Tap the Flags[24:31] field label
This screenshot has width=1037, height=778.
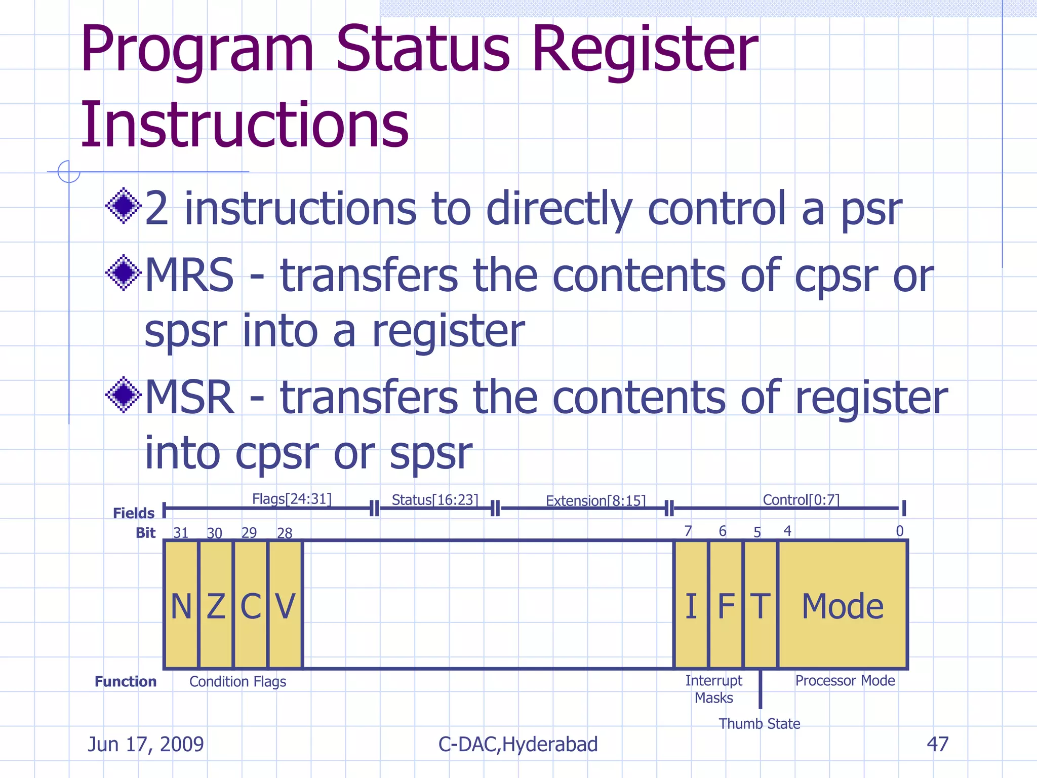pyautogui.click(x=292, y=499)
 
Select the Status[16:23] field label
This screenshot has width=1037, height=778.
pyautogui.click(x=434, y=500)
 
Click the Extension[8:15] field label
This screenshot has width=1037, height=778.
pyautogui.click(x=595, y=501)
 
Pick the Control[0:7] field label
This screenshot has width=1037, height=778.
pyautogui.click(x=801, y=500)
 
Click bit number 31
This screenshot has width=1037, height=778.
pyautogui.click(x=181, y=533)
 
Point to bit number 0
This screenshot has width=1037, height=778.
pyautogui.click(x=899, y=531)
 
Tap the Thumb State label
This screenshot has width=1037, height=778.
pyautogui.click(x=759, y=724)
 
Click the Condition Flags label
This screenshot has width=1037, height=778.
pyautogui.click(x=237, y=682)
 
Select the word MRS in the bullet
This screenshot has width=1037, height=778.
pyautogui.click(x=189, y=275)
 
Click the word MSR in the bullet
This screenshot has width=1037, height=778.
pyautogui.click(x=189, y=397)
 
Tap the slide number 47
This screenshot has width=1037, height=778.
pyautogui.click(x=937, y=744)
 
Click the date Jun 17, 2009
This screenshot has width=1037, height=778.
pyautogui.click(x=146, y=744)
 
